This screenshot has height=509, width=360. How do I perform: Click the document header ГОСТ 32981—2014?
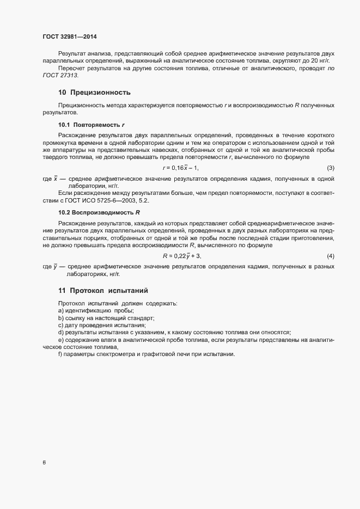point(70,36)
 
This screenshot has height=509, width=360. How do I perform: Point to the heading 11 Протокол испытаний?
point(103,290)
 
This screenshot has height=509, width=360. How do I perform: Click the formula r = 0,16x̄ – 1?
point(181,168)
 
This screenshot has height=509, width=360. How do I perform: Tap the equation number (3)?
point(330,168)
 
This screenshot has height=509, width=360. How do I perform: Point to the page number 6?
point(44,463)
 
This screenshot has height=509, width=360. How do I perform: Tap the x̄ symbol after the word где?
point(56,179)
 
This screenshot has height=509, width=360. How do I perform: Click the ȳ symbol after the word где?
point(56,266)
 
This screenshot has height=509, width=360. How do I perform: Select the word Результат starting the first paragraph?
point(72,53)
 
